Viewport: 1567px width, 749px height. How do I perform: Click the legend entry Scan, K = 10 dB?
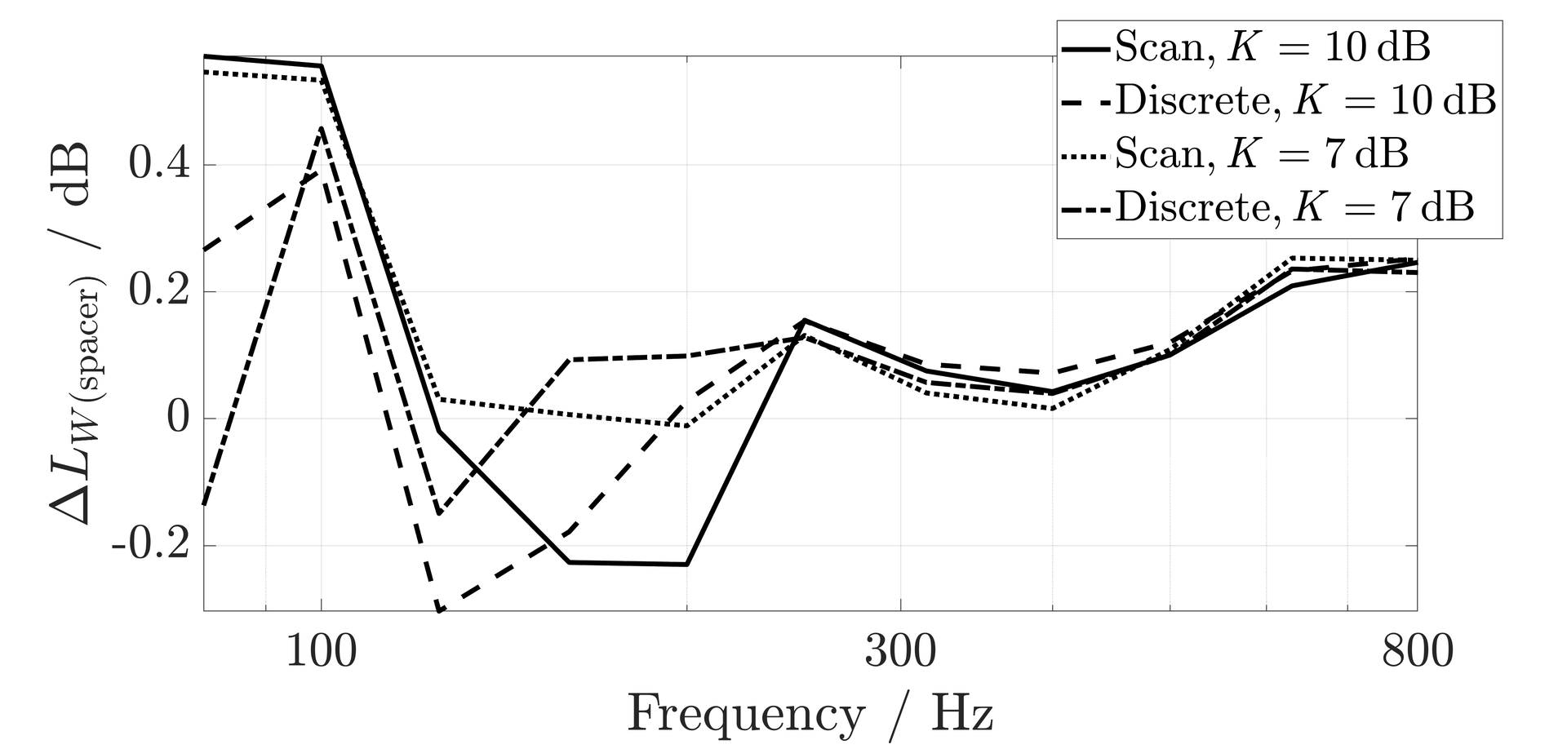[1272, 48]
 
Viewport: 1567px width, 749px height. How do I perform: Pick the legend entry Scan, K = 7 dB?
[1261, 153]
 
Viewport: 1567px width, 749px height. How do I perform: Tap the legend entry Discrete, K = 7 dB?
[1294, 206]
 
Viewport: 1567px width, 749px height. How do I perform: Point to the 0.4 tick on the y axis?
[159, 165]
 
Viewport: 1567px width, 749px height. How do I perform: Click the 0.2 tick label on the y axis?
[159, 292]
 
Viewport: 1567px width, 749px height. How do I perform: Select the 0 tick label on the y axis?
[178, 419]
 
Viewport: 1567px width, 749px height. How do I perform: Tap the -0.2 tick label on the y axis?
[151, 546]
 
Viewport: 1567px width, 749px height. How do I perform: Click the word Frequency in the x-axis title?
[745, 716]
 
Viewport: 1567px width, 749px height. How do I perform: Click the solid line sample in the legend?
[1085, 49]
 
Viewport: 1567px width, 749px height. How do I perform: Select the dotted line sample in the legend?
[1085, 154]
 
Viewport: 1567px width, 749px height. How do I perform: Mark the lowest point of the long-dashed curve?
[439, 610]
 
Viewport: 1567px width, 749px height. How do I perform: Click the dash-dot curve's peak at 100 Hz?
[322, 128]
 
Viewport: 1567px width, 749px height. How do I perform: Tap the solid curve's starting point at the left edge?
[204, 56]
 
